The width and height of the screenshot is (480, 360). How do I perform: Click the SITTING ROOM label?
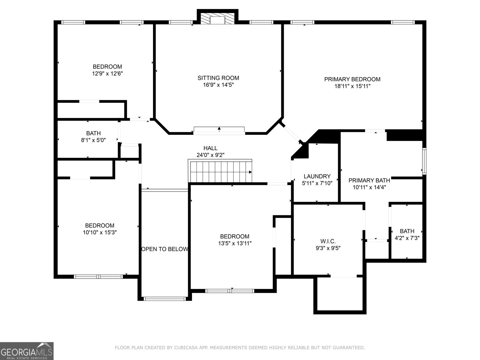tap(218, 78)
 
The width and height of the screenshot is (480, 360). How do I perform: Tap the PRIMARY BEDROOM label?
tap(352, 79)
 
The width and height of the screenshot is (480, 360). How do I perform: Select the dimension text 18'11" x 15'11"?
tap(352, 86)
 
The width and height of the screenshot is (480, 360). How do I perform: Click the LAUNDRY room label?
tap(317, 176)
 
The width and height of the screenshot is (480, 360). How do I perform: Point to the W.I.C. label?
tap(328, 241)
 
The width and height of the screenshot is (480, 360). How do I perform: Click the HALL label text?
tap(210, 148)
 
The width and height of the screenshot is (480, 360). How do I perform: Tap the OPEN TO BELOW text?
tap(165, 249)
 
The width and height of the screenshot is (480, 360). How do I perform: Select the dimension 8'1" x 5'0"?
tap(93, 140)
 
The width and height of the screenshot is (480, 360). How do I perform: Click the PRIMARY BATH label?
tap(369, 181)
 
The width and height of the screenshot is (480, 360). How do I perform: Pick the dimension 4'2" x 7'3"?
tap(407, 238)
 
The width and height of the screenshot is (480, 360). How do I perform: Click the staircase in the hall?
tap(220, 171)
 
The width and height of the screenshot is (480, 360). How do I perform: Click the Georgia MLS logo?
tap(27, 351)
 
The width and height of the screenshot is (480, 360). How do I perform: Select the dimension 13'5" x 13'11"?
tap(235, 243)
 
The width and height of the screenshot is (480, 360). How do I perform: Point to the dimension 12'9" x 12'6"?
tap(107, 73)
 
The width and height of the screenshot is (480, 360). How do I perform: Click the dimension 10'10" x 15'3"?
tap(100, 232)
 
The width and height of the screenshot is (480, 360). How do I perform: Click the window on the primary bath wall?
tap(424, 161)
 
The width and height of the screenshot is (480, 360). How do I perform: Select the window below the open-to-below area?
tap(165, 299)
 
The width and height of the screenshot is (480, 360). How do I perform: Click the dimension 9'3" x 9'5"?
tap(328, 248)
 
